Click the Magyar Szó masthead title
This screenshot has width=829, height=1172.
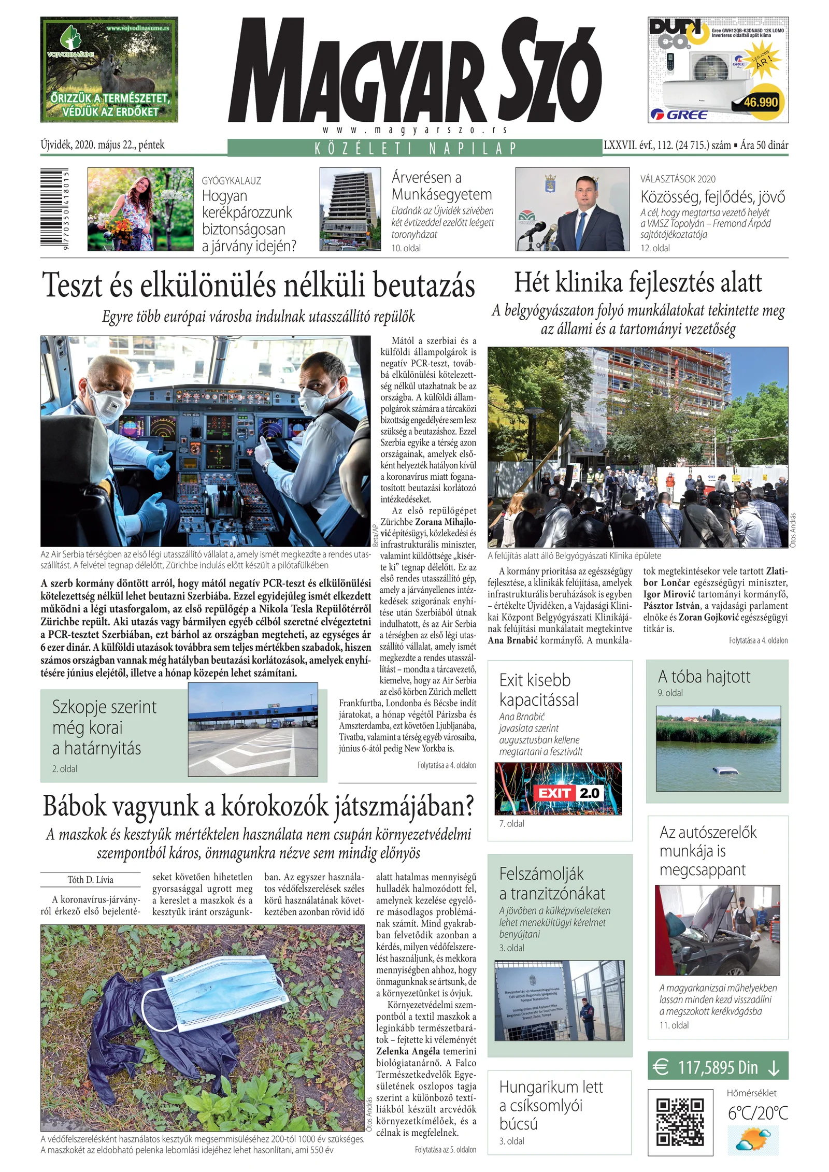[x=414, y=70]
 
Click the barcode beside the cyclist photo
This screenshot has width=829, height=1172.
[x=55, y=210]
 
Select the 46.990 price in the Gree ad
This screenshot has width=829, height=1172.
[x=760, y=102]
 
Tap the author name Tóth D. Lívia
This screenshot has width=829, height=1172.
[x=90, y=879]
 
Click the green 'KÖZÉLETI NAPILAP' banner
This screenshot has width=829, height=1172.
[x=414, y=148]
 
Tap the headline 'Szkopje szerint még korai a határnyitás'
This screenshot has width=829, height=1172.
[x=104, y=727]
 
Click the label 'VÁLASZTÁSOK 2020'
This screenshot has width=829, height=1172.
[x=678, y=179]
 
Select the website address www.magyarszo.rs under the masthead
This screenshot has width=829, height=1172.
[x=414, y=130]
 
